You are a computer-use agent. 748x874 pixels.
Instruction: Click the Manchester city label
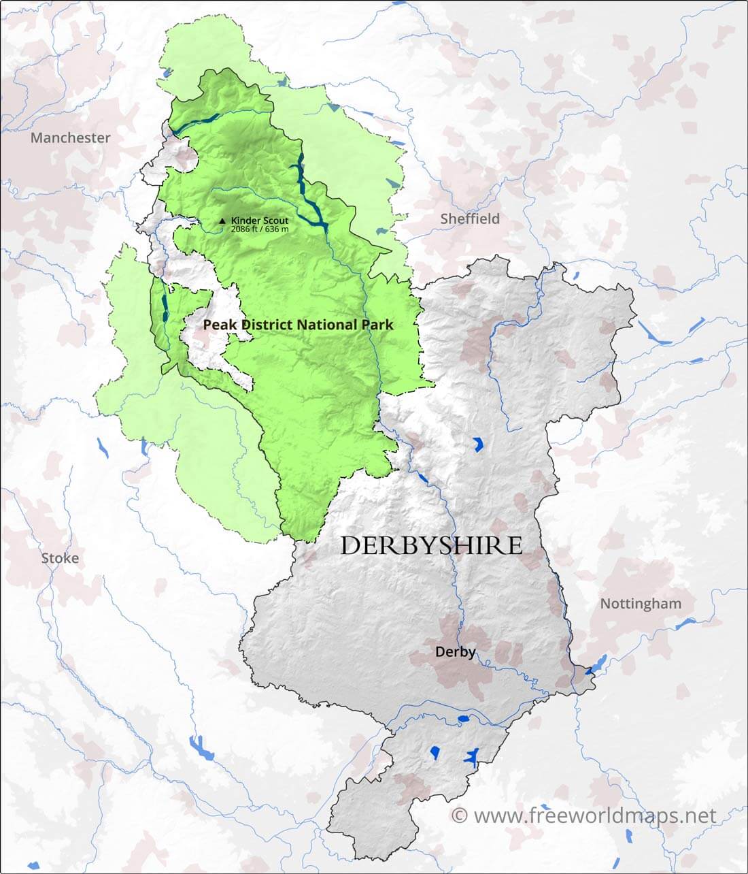[x=71, y=137]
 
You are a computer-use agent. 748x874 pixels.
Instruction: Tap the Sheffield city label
[x=470, y=218]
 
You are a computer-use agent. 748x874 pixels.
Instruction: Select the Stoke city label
[x=60, y=558]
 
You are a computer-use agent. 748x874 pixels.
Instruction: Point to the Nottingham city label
[x=640, y=604]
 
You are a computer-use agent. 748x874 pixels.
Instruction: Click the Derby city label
[x=455, y=651]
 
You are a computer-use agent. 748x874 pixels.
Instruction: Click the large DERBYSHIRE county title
[x=431, y=545]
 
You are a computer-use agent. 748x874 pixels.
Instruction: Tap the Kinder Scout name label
[x=259, y=221]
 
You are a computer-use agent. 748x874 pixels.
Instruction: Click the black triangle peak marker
[x=222, y=221]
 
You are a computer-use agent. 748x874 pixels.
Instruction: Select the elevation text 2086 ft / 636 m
[x=259, y=229]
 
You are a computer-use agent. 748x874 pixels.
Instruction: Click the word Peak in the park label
[x=218, y=325]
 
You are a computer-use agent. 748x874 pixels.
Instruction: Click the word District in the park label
[x=262, y=325]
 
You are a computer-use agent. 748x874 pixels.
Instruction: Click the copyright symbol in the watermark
[x=460, y=815]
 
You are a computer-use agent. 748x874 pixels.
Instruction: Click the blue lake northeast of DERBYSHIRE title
[x=478, y=445]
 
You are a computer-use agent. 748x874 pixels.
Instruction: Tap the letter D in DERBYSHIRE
[x=352, y=546]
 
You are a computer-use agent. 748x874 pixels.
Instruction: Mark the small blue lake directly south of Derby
[x=464, y=718]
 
